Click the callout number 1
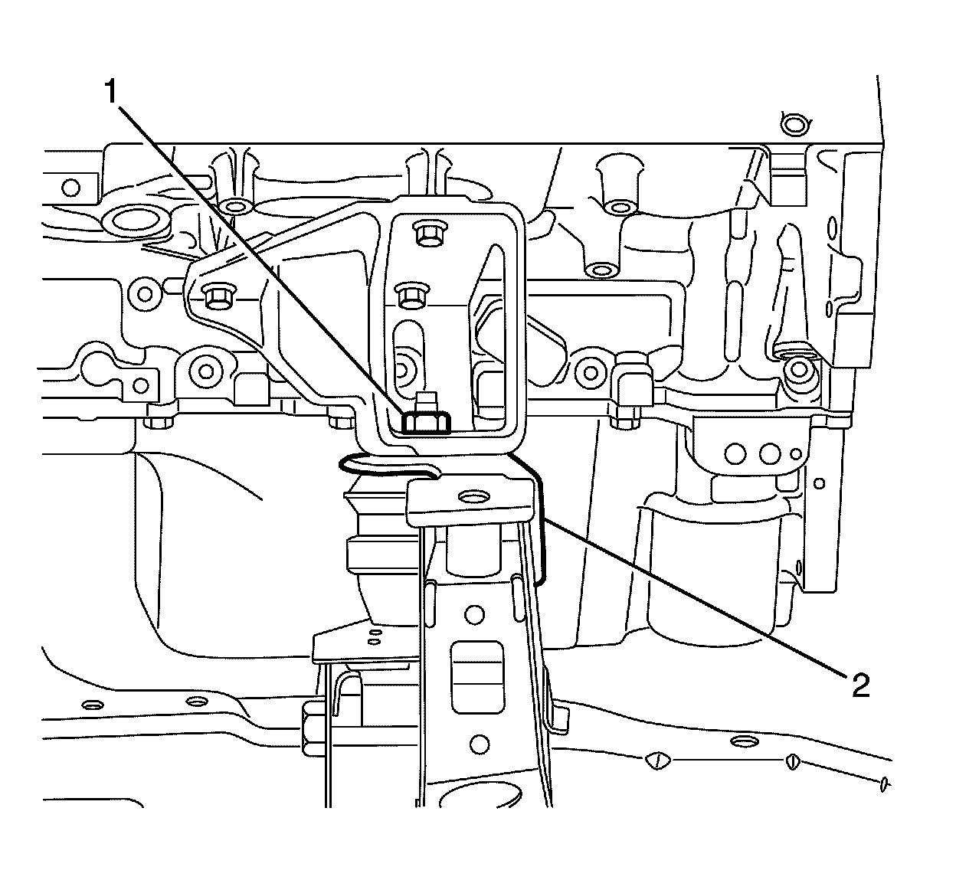[112, 93]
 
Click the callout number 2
[859, 685]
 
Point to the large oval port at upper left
[139, 221]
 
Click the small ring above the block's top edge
[794, 123]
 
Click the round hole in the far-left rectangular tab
[70, 186]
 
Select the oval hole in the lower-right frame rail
[742, 741]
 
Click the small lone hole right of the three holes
[820, 482]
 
